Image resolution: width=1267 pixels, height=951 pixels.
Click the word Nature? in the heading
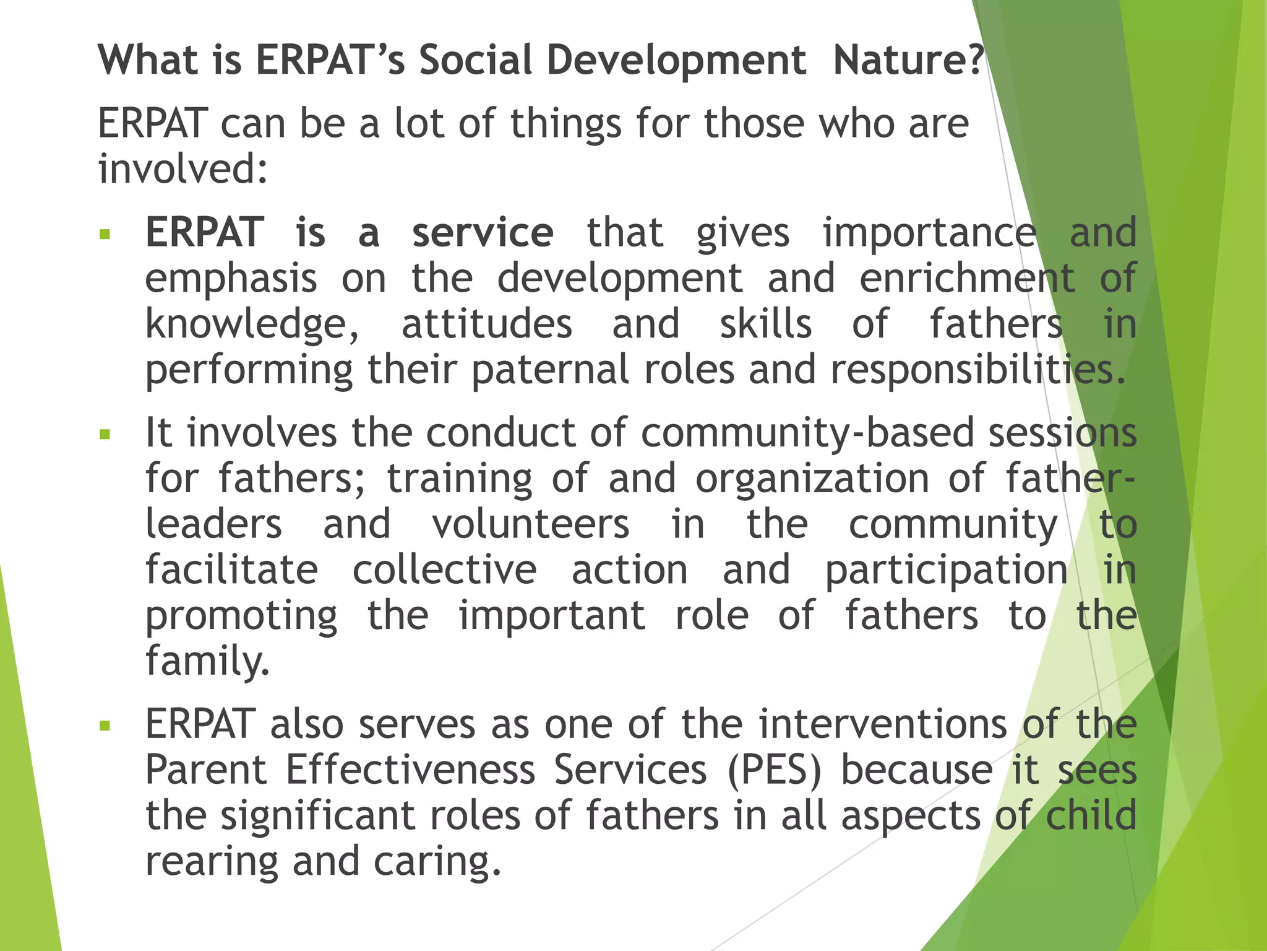pos(908,61)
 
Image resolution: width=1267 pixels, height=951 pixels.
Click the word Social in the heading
pos(475,61)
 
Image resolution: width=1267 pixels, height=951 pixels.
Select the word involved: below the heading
pos(183,168)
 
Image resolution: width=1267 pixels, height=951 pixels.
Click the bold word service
pos(483,233)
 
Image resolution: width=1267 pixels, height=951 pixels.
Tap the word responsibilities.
pos(977,370)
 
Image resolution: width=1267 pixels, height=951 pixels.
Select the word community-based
pos(807,432)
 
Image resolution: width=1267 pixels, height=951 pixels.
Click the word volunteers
pos(530,524)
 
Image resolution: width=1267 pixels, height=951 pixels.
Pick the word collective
pos(444,570)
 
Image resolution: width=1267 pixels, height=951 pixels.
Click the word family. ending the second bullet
pos(208,661)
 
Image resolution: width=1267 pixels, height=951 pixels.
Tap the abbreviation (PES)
pos(775,770)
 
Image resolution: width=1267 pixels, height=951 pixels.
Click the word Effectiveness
pos(410,770)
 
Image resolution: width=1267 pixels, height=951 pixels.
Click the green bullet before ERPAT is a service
pos(105,235)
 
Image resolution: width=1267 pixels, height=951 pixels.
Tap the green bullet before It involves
pos(105,434)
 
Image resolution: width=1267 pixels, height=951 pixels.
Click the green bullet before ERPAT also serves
pos(105,726)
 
